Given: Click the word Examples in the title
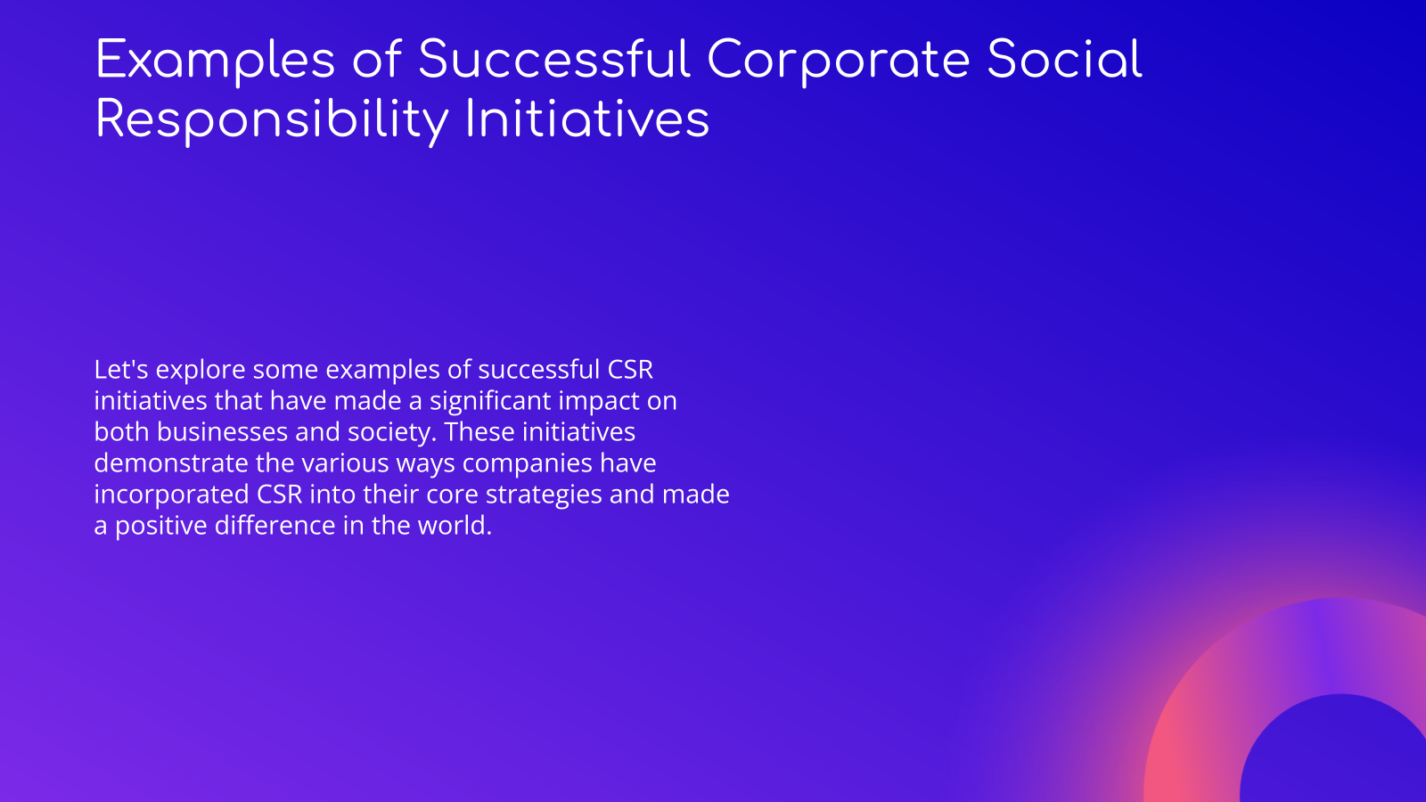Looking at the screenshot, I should coord(215,61).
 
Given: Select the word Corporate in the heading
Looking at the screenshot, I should coord(838,61).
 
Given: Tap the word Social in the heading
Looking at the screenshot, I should coord(1064,61).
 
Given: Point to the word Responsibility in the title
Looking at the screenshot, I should coord(272,120).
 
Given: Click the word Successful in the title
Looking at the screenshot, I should coord(553,61).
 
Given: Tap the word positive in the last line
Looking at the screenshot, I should coord(161,526).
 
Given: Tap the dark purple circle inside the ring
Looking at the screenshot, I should coord(1337,757).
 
